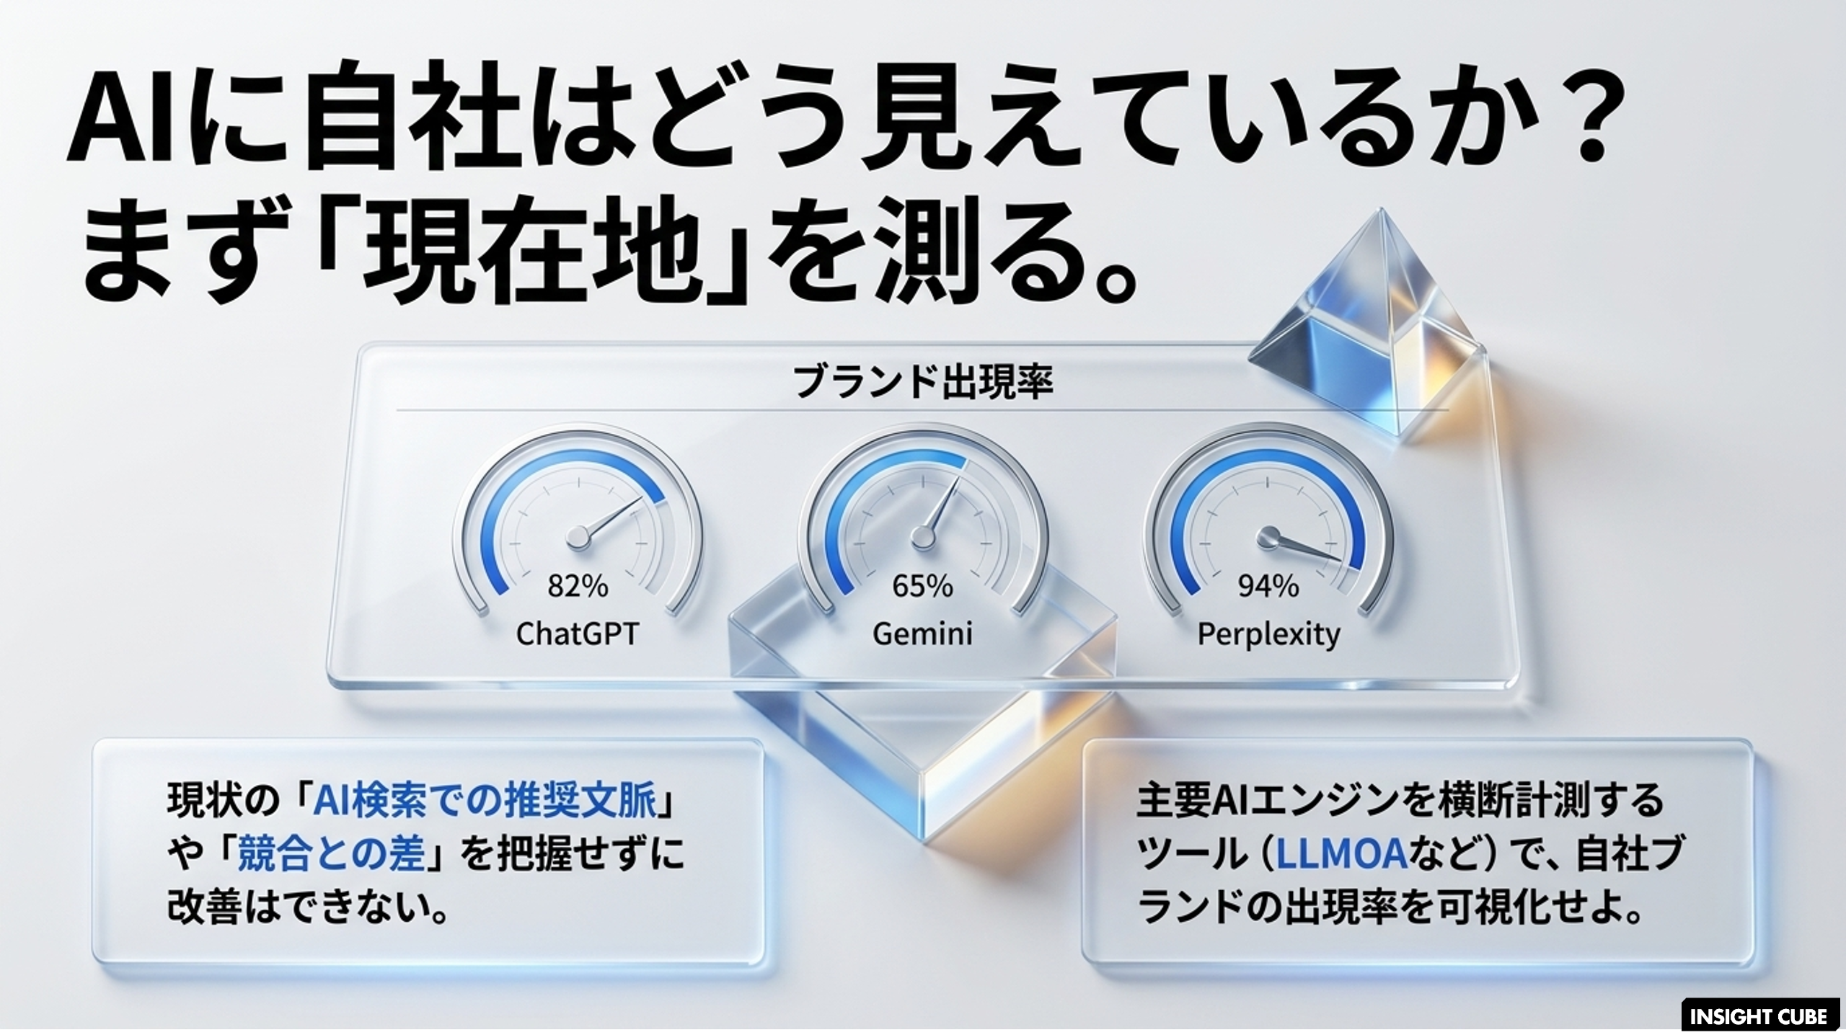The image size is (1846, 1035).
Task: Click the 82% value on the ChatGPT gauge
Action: (x=578, y=586)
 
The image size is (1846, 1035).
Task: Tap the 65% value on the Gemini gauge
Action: (x=922, y=586)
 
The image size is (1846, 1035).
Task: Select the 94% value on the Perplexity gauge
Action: (x=1268, y=586)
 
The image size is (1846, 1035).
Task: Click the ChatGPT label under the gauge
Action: (x=578, y=634)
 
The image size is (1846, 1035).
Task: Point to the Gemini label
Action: (x=922, y=634)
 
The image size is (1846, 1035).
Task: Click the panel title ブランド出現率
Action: (x=923, y=382)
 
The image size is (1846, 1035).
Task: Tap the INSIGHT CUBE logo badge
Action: (x=1759, y=1016)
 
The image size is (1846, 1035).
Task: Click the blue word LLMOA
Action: (x=1342, y=854)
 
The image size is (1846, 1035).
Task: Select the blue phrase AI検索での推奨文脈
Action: (x=485, y=800)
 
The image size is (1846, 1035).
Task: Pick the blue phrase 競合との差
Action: (x=331, y=854)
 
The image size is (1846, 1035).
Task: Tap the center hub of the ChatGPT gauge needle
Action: (x=578, y=536)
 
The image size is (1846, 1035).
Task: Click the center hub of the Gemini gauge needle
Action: (x=922, y=536)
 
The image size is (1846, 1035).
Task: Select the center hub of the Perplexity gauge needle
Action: (x=1268, y=536)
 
